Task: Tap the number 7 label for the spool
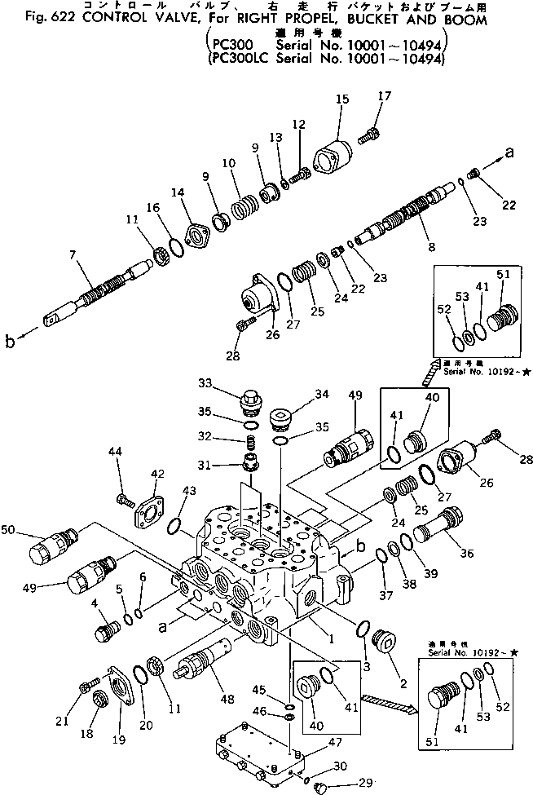coord(73,256)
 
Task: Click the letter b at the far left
coord(11,342)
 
